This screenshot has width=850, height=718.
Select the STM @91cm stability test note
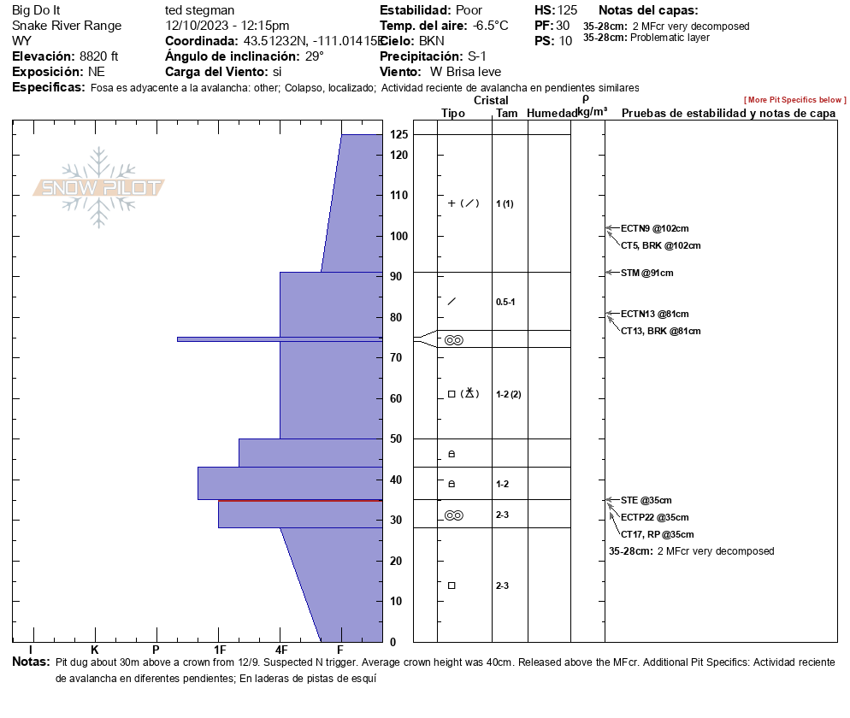(646, 273)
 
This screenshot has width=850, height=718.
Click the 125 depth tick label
(398, 134)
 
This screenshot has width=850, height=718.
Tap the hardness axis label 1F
(219, 650)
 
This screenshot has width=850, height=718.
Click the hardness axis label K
(95, 650)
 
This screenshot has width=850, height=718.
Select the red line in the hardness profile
(299, 501)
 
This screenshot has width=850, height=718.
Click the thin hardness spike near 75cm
(257, 339)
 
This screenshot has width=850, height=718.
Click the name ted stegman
(199, 10)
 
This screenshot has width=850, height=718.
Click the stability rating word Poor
(469, 10)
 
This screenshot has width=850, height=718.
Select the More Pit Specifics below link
(794, 100)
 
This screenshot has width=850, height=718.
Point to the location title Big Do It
(36, 10)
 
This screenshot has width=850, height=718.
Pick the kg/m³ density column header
(592, 111)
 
